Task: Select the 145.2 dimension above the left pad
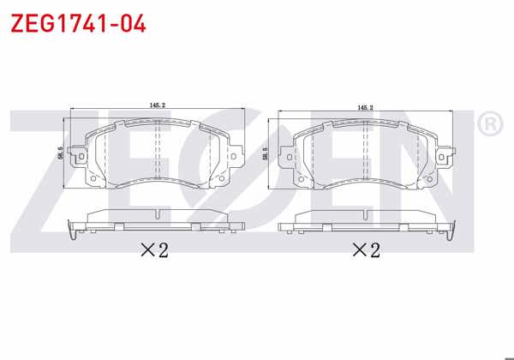(157, 105)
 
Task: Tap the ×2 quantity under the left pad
(155, 250)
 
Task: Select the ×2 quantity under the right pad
(365, 250)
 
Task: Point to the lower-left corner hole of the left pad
(93, 177)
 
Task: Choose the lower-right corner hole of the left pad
(221, 177)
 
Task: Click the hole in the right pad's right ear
(444, 157)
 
